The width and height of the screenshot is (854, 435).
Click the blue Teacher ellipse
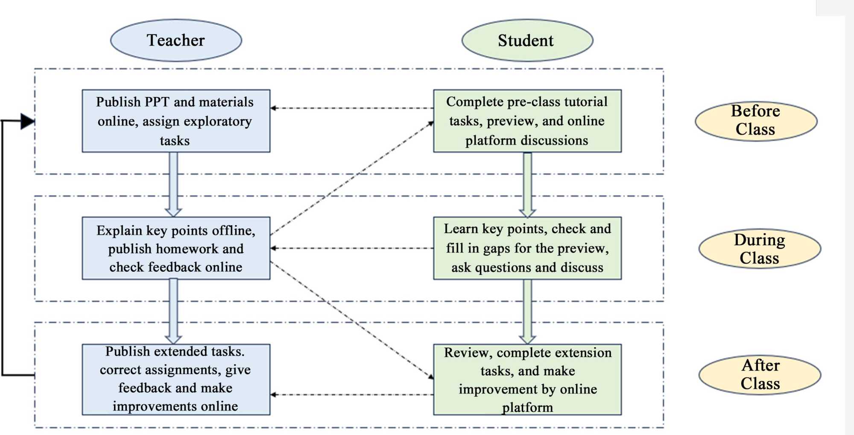176,40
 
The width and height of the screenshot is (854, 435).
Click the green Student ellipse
527,41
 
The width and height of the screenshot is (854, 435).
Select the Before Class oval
756,121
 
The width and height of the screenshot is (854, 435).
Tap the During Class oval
760,249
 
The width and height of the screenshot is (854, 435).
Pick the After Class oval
760,375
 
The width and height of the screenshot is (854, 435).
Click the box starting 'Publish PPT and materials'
176,121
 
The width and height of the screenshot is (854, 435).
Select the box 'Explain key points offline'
176,248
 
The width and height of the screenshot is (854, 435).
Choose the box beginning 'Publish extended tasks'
176,379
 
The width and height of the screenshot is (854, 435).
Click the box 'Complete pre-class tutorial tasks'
527,121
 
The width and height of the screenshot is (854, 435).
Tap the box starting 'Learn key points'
527,248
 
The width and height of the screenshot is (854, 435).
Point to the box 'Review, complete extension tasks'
527,379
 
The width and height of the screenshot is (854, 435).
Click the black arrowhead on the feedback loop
27,121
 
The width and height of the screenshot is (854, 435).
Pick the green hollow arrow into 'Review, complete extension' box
527,312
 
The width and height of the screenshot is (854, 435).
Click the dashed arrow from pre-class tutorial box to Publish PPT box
350,108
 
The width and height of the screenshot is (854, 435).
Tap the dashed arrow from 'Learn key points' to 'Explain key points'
350,248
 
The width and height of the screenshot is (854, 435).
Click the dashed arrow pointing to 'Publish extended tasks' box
350,394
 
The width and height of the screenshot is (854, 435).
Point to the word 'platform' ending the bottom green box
527,408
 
